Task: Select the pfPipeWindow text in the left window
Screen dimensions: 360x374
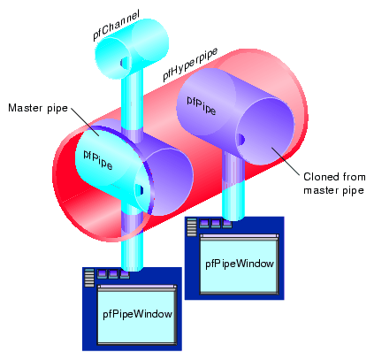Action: point(137,313)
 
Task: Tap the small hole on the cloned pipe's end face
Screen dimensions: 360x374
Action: point(240,138)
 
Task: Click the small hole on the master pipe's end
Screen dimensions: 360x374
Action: point(139,190)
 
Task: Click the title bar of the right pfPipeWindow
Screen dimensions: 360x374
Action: point(240,236)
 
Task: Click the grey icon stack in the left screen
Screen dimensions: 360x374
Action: point(88,279)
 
